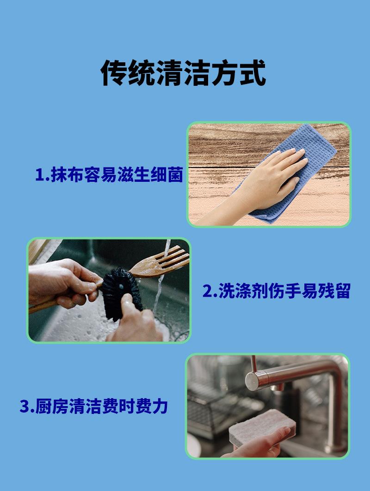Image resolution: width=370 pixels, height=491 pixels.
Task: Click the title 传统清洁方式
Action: [x=183, y=73]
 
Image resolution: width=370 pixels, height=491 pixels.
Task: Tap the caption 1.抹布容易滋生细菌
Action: [x=109, y=174]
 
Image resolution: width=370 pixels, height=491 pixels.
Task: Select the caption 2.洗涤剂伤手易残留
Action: [x=276, y=291]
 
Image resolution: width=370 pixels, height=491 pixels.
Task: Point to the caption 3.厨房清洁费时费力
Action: [x=93, y=406]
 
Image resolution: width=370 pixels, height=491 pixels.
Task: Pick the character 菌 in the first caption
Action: [x=175, y=174]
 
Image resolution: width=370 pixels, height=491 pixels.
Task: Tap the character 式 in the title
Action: [x=253, y=73]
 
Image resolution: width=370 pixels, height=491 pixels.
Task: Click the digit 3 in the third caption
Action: [x=25, y=407]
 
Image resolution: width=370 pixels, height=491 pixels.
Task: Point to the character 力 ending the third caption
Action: [x=160, y=406]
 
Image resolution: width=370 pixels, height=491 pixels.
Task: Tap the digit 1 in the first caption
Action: [x=39, y=175]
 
